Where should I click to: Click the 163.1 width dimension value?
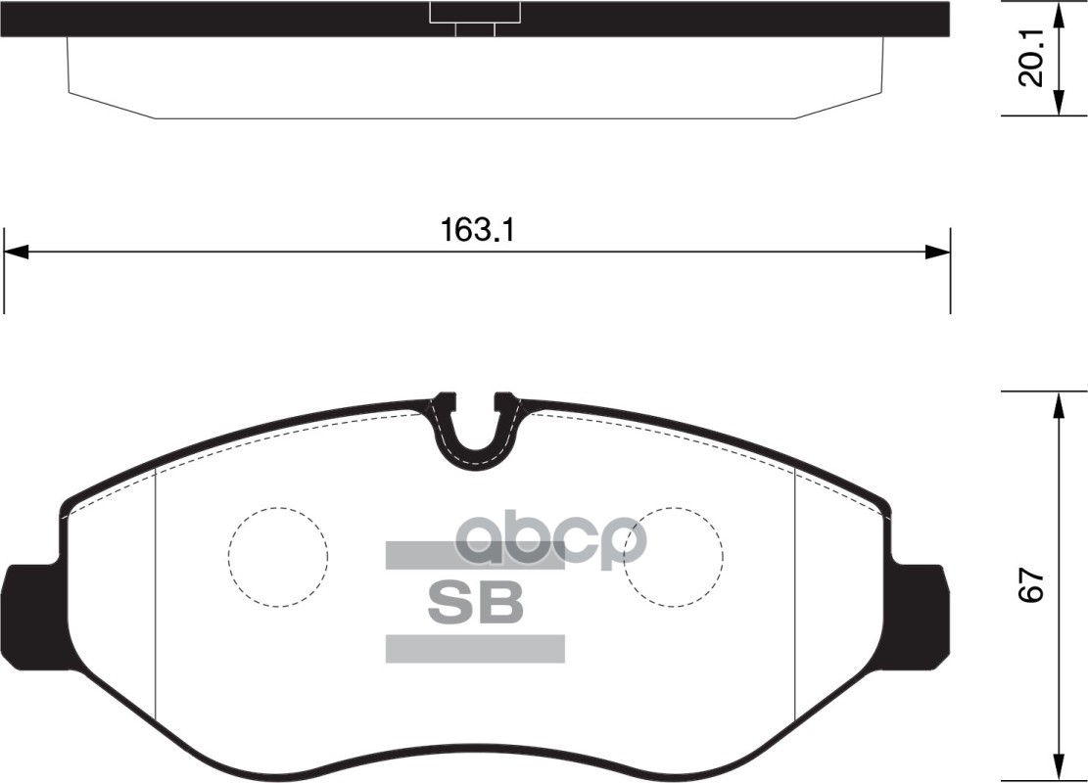point(477,231)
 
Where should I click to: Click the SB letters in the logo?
point(475,603)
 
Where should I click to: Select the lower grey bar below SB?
point(475,648)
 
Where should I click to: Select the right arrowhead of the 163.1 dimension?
point(938,253)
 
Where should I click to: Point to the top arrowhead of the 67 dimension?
point(1059,403)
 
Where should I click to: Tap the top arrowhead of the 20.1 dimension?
point(1059,14)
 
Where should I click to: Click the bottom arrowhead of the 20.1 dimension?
point(1059,105)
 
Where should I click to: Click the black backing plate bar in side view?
point(245,19)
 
